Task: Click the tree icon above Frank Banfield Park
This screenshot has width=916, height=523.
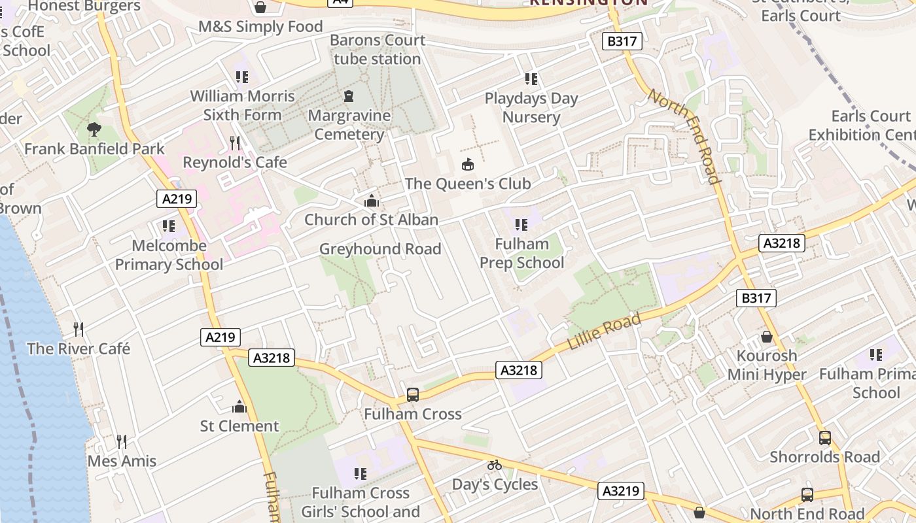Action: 94,129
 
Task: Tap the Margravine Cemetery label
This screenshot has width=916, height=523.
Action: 349,125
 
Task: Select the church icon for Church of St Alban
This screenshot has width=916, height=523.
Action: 372,200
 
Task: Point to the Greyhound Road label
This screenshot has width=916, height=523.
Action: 380,249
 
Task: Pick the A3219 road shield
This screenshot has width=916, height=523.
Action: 622,491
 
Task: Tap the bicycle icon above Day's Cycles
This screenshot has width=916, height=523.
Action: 495,465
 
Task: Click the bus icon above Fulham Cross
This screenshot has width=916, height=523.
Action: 413,395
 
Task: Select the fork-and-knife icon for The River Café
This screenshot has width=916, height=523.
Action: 79,329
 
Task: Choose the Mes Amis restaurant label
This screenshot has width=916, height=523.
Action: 122,461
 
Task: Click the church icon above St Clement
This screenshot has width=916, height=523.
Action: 239,407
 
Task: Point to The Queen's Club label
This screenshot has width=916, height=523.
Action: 468,184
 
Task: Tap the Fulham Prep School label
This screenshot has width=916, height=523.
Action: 521,254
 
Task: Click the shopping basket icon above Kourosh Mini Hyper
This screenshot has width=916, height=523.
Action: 767,337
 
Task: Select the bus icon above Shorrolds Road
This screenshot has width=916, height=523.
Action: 825,438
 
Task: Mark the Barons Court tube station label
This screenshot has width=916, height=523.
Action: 378,50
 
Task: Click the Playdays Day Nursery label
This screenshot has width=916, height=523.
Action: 531,108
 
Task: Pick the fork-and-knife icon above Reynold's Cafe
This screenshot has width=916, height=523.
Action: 235,143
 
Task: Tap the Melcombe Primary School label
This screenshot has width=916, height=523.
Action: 169,255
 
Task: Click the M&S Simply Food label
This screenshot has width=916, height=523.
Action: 260,27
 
